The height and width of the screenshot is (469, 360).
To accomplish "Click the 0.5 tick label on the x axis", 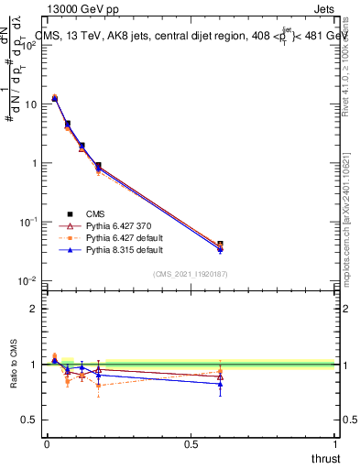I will (x=191, y=443).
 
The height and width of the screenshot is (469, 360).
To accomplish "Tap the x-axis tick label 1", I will (x=335, y=443).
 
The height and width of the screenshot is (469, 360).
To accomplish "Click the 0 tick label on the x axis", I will (x=47, y=443).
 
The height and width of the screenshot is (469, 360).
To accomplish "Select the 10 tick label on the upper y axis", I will (x=29, y=104).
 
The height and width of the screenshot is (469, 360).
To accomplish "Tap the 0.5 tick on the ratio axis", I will (x=29, y=420).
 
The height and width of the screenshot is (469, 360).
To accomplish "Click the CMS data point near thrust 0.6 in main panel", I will (x=220, y=245).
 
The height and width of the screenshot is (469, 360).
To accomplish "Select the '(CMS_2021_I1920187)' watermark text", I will (x=191, y=273).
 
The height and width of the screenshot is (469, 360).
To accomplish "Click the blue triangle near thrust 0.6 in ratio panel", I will (x=220, y=384).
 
